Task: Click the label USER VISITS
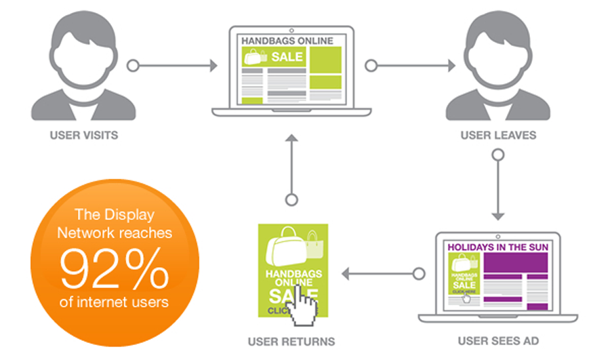click(83, 135)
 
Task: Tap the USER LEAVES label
click(498, 135)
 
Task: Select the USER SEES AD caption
click(498, 341)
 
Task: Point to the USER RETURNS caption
click(292, 341)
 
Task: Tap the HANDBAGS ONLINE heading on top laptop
click(287, 41)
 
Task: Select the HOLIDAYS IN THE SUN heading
click(498, 247)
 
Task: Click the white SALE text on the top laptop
click(287, 57)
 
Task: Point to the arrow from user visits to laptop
click(173, 66)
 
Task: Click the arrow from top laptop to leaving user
click(410, 66)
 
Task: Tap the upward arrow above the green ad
click(291, 166)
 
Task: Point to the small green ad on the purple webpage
click(464, 278)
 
